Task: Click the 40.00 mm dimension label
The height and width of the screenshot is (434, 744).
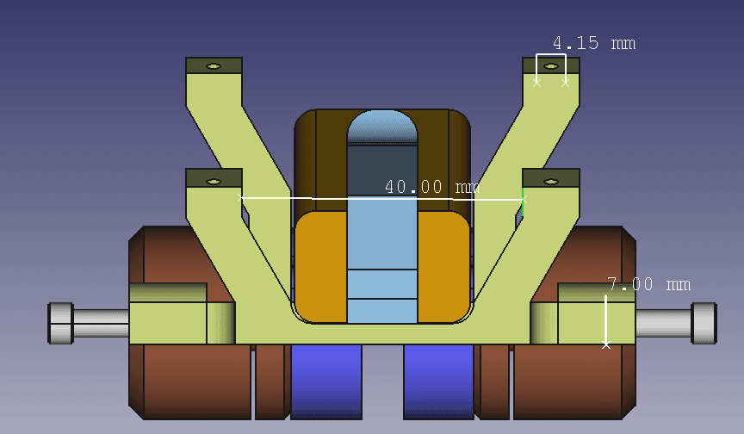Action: pyautogui.click(x=431, y=187)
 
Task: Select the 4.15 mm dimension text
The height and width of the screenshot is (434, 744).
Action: pyautogui.click(x=594, y=43)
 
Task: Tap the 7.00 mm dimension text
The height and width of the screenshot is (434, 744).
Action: pyautogui.click(x=648, y=284)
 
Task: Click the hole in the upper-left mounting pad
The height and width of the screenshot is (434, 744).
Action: pyautogui.click(x=214, y=66)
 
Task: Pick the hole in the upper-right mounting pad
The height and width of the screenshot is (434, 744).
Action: pyautogui.click(x=550, y=66)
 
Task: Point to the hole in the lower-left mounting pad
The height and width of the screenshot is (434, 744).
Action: pyautogui.click(x=214, y=182)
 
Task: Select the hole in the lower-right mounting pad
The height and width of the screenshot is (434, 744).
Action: pyautogui.click(x=550, y=182)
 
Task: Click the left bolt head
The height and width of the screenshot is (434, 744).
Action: pyautogui.click(x=61, y=323)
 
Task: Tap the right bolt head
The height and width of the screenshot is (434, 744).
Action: pyautogui.click(x=704, y=323)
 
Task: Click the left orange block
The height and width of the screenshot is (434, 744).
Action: pyautogui.click(x=321, y=268)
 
